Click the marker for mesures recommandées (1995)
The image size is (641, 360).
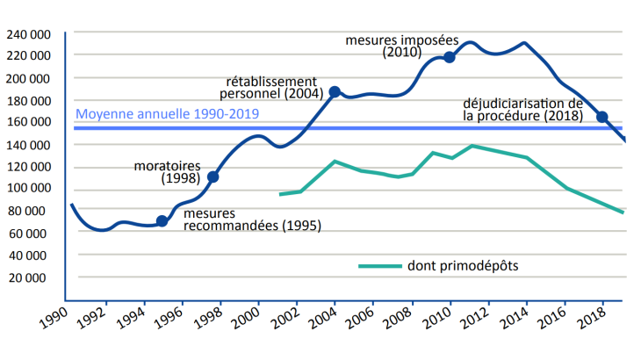162,220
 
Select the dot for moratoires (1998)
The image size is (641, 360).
212,176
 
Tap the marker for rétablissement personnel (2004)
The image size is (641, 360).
334,92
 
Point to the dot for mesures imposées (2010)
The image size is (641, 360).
450,57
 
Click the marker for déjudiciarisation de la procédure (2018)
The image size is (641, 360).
602,117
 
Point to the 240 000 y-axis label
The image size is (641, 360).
28,34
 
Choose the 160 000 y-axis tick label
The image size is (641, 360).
28,123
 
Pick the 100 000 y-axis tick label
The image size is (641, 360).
28,189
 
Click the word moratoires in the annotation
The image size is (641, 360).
167,165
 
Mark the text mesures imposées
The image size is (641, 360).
399,40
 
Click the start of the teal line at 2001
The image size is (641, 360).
280,194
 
